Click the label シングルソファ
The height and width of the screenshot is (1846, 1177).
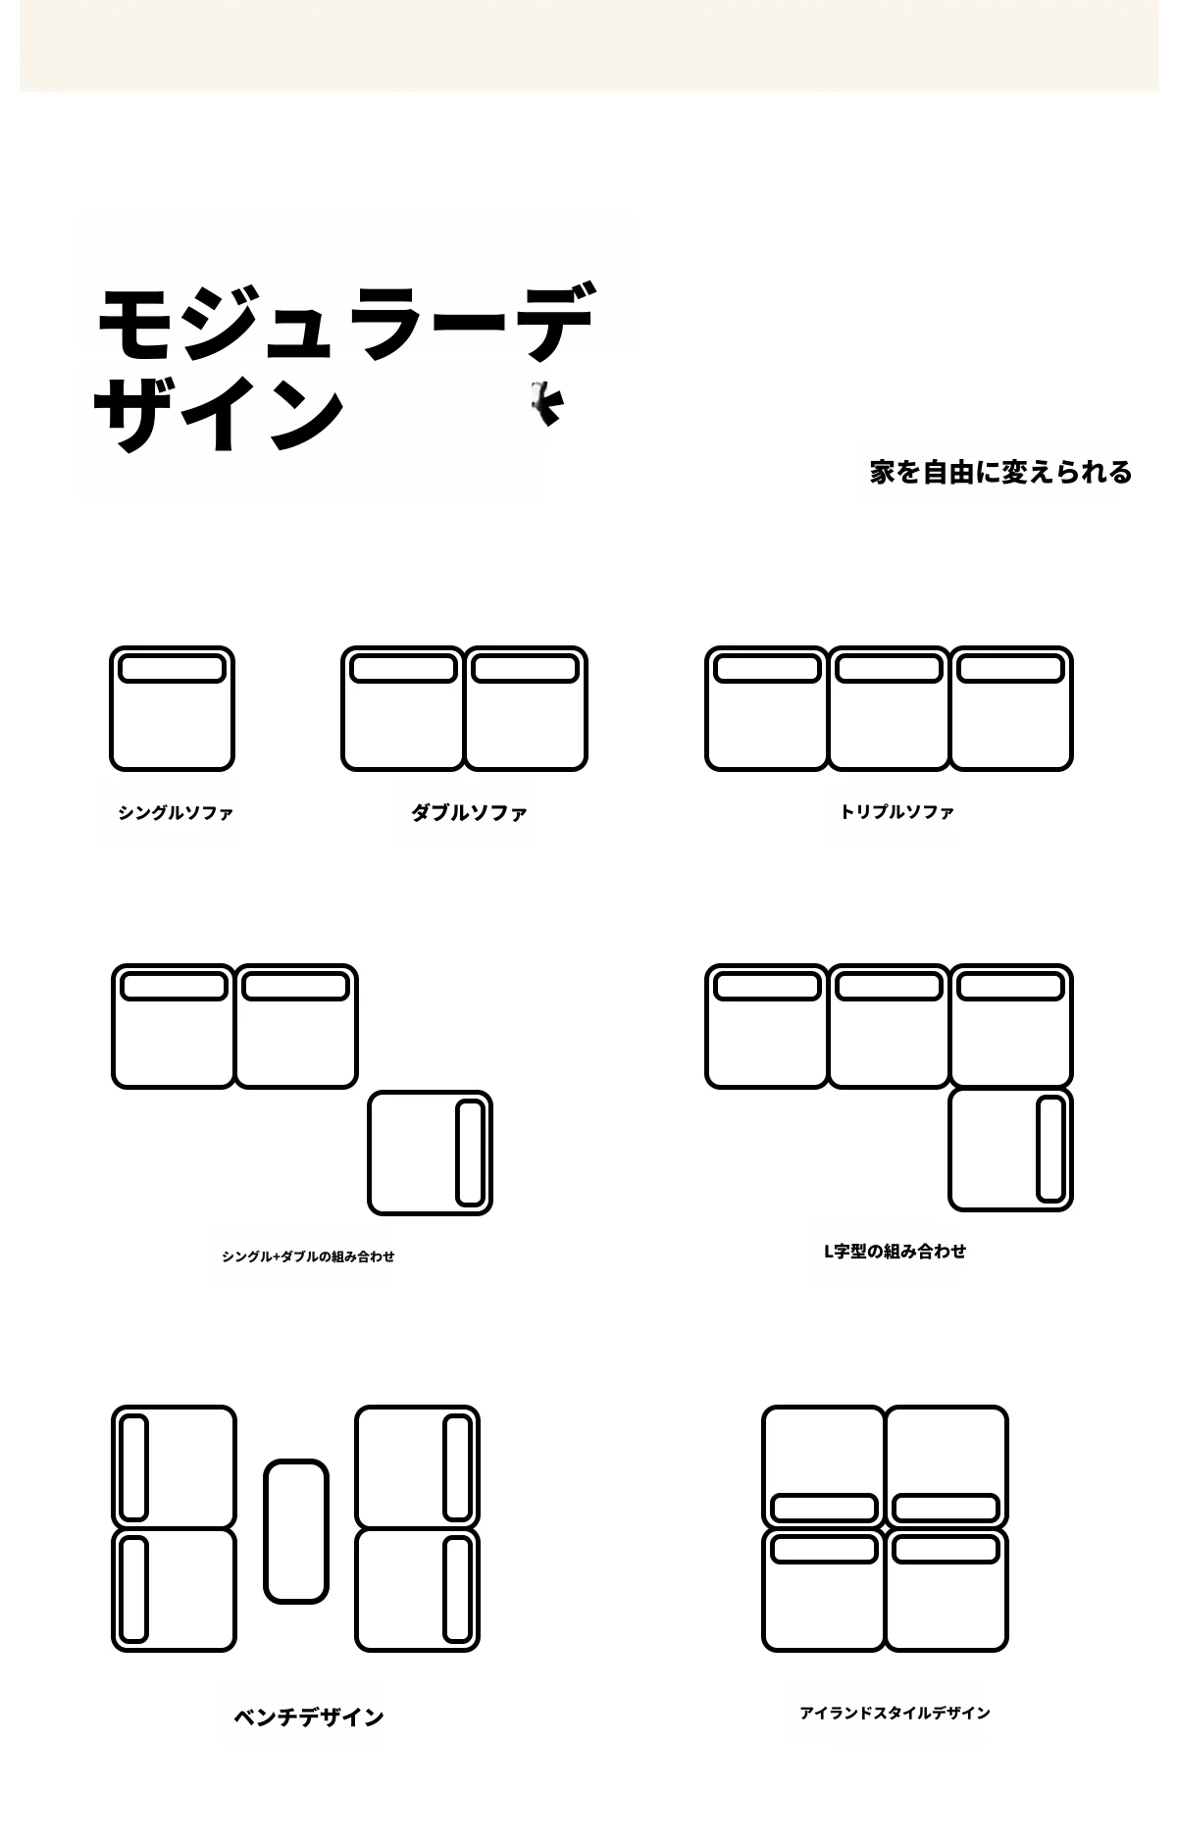(176, 812)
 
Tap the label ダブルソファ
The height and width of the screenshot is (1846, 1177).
(469, 812)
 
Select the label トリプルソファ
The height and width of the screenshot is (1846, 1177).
(896, 811)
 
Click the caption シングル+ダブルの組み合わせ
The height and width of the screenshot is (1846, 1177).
(308, 1256)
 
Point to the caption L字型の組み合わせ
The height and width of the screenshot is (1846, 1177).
(895, 1251)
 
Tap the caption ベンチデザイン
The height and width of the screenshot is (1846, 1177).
(308, 1717)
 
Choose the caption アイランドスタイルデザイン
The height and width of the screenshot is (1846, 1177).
(895, 1713)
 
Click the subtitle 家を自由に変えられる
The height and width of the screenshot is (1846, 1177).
(1000, 472)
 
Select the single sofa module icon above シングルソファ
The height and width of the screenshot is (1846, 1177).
(172, 708)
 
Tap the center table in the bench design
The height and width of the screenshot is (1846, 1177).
(295, 1531)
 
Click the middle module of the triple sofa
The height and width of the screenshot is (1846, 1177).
(889, 708)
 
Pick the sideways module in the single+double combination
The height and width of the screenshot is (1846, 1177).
(430, 1153)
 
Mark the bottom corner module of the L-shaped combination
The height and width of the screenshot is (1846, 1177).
(1010, 1149)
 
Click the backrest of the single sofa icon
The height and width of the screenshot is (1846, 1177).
(172, 669)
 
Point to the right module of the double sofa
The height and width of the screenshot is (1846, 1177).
(525, 708)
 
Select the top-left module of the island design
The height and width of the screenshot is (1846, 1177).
(824, 1467)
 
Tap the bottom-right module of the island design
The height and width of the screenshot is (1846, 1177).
(947, 1589)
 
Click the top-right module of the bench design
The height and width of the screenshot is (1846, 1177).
(417, 1467)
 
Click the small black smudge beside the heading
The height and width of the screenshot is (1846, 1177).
(546, 402)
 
